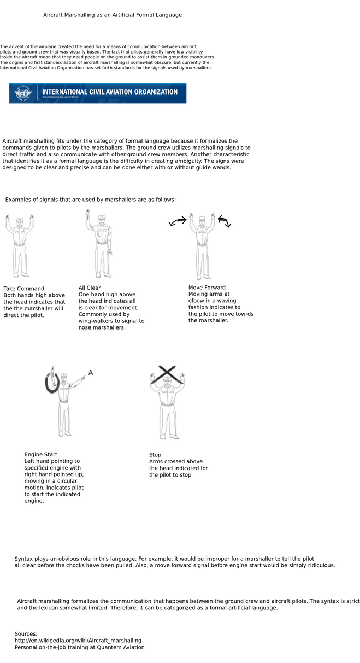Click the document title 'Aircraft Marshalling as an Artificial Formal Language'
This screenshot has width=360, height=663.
tap(113, 15)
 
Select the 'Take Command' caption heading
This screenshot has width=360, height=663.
tap(23, 289)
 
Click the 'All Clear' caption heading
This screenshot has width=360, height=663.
tap(90, 288)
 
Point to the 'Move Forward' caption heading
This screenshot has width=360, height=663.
tap(206, 288)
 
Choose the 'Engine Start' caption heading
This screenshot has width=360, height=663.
tap(40, 455)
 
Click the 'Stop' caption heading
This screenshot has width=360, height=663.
tap(155, 455)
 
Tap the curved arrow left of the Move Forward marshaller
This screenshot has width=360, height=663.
tap(178, 221)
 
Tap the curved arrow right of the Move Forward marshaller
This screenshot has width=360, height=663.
tap(225, 221)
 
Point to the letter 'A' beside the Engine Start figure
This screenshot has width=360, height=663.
tap(91, 373)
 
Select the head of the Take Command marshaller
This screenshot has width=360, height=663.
tap(19, 221)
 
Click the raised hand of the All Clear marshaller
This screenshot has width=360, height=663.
tap(87, 213)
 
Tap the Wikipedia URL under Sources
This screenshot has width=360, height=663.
tap(78, 641)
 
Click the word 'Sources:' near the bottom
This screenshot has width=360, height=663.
tap(26, 634)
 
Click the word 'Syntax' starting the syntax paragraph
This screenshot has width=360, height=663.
tap(24, 559)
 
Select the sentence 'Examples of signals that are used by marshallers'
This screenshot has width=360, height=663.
tap(90, 200)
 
